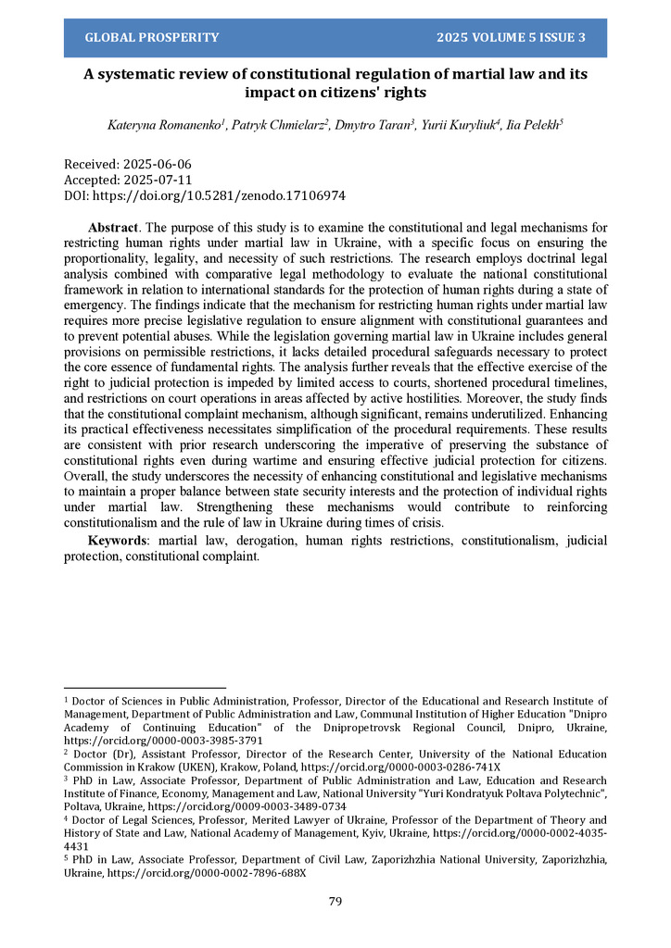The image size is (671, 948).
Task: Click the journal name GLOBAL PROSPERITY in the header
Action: click(x=152, y=38)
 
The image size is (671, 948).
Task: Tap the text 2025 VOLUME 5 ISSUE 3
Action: click(x=511, y=38)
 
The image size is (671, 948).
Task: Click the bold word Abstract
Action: click(x=113, y=228)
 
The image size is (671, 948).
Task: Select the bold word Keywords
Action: click(x=120, y=540)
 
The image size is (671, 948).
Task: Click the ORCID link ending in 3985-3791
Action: click(x=163, y=741)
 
